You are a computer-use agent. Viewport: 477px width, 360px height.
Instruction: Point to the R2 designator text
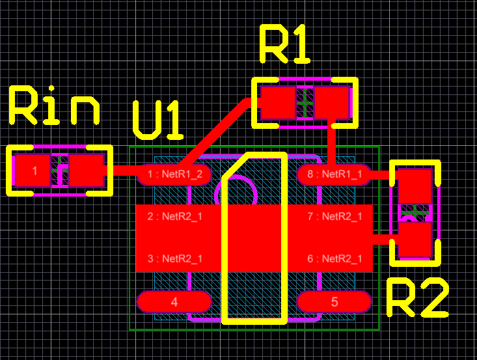pyautogui.click(x=417, y=299)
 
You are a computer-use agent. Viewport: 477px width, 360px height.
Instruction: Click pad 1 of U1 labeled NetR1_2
pyautogui.click(x=173, y=174)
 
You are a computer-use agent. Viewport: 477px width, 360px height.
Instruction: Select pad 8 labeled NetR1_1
pyautogui.click(x=334, y=174)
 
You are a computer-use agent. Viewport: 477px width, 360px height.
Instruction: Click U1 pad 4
pyautogui.click(x=174, y=302)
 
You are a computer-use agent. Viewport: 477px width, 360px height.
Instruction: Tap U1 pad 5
pyautogui.click(x=334, y=302)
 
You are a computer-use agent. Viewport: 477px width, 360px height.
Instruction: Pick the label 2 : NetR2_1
pyautogui.click(x=174, y=216)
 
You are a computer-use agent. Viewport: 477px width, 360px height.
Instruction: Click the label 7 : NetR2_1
pyautogui.click(x=334, y=216)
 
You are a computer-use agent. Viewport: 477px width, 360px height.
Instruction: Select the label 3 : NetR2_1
pyautogui.click(x=174, y=259)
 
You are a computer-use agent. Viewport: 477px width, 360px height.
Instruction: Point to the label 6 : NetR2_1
pyautogui.click(x=334, y=259)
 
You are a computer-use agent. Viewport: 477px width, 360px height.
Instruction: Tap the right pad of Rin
pyautogui.click(x=87, y=171)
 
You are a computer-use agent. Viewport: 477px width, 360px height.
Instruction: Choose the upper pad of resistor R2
pyautogui.click(x=415, y=186)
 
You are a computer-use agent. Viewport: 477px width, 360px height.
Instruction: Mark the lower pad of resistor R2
pyautogui.click(x=415, y=240)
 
